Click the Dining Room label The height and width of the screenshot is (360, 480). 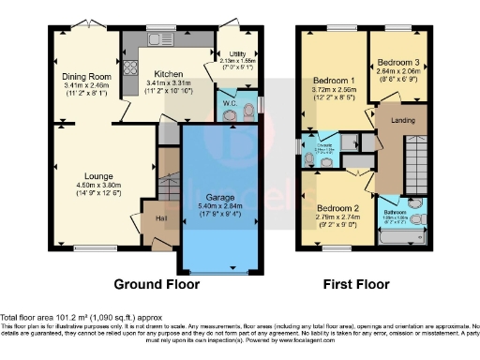[x=82, y=76]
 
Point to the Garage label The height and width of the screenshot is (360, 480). [x=217, y=195]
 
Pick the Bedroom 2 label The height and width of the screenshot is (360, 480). [x=334, y=206]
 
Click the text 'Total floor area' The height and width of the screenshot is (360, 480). [x=30, y=318]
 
